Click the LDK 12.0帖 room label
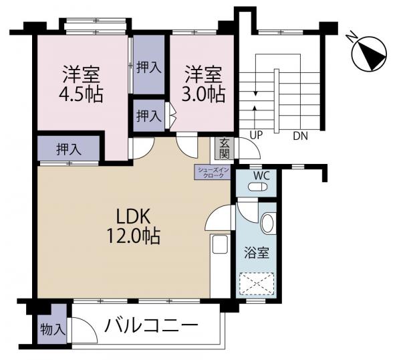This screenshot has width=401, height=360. [x=133, y=226]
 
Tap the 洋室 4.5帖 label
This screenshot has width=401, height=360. [x=81, y=84]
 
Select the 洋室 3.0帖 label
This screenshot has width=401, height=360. [x=203, y=84]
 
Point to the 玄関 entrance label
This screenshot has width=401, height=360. [x=225, y=149]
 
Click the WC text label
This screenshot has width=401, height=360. [x=261, y=176]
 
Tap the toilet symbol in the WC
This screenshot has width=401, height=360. [x=257, y=187]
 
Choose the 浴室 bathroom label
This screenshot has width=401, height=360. [x=257, y=253]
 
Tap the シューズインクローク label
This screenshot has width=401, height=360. [x=213, y=173]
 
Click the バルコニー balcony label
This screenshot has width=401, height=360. [x=151, y=326]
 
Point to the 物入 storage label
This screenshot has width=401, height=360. [x=53, y=329]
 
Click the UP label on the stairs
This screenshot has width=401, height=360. [x=256, y=135]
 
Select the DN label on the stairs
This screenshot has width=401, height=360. [x=300, y=136]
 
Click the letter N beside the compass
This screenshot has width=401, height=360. [x=351, y=37]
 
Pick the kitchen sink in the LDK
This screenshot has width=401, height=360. [x=220, y=244]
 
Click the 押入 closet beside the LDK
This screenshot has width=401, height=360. [x=69, y=149]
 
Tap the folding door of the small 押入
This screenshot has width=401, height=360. [x=170, y=115]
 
